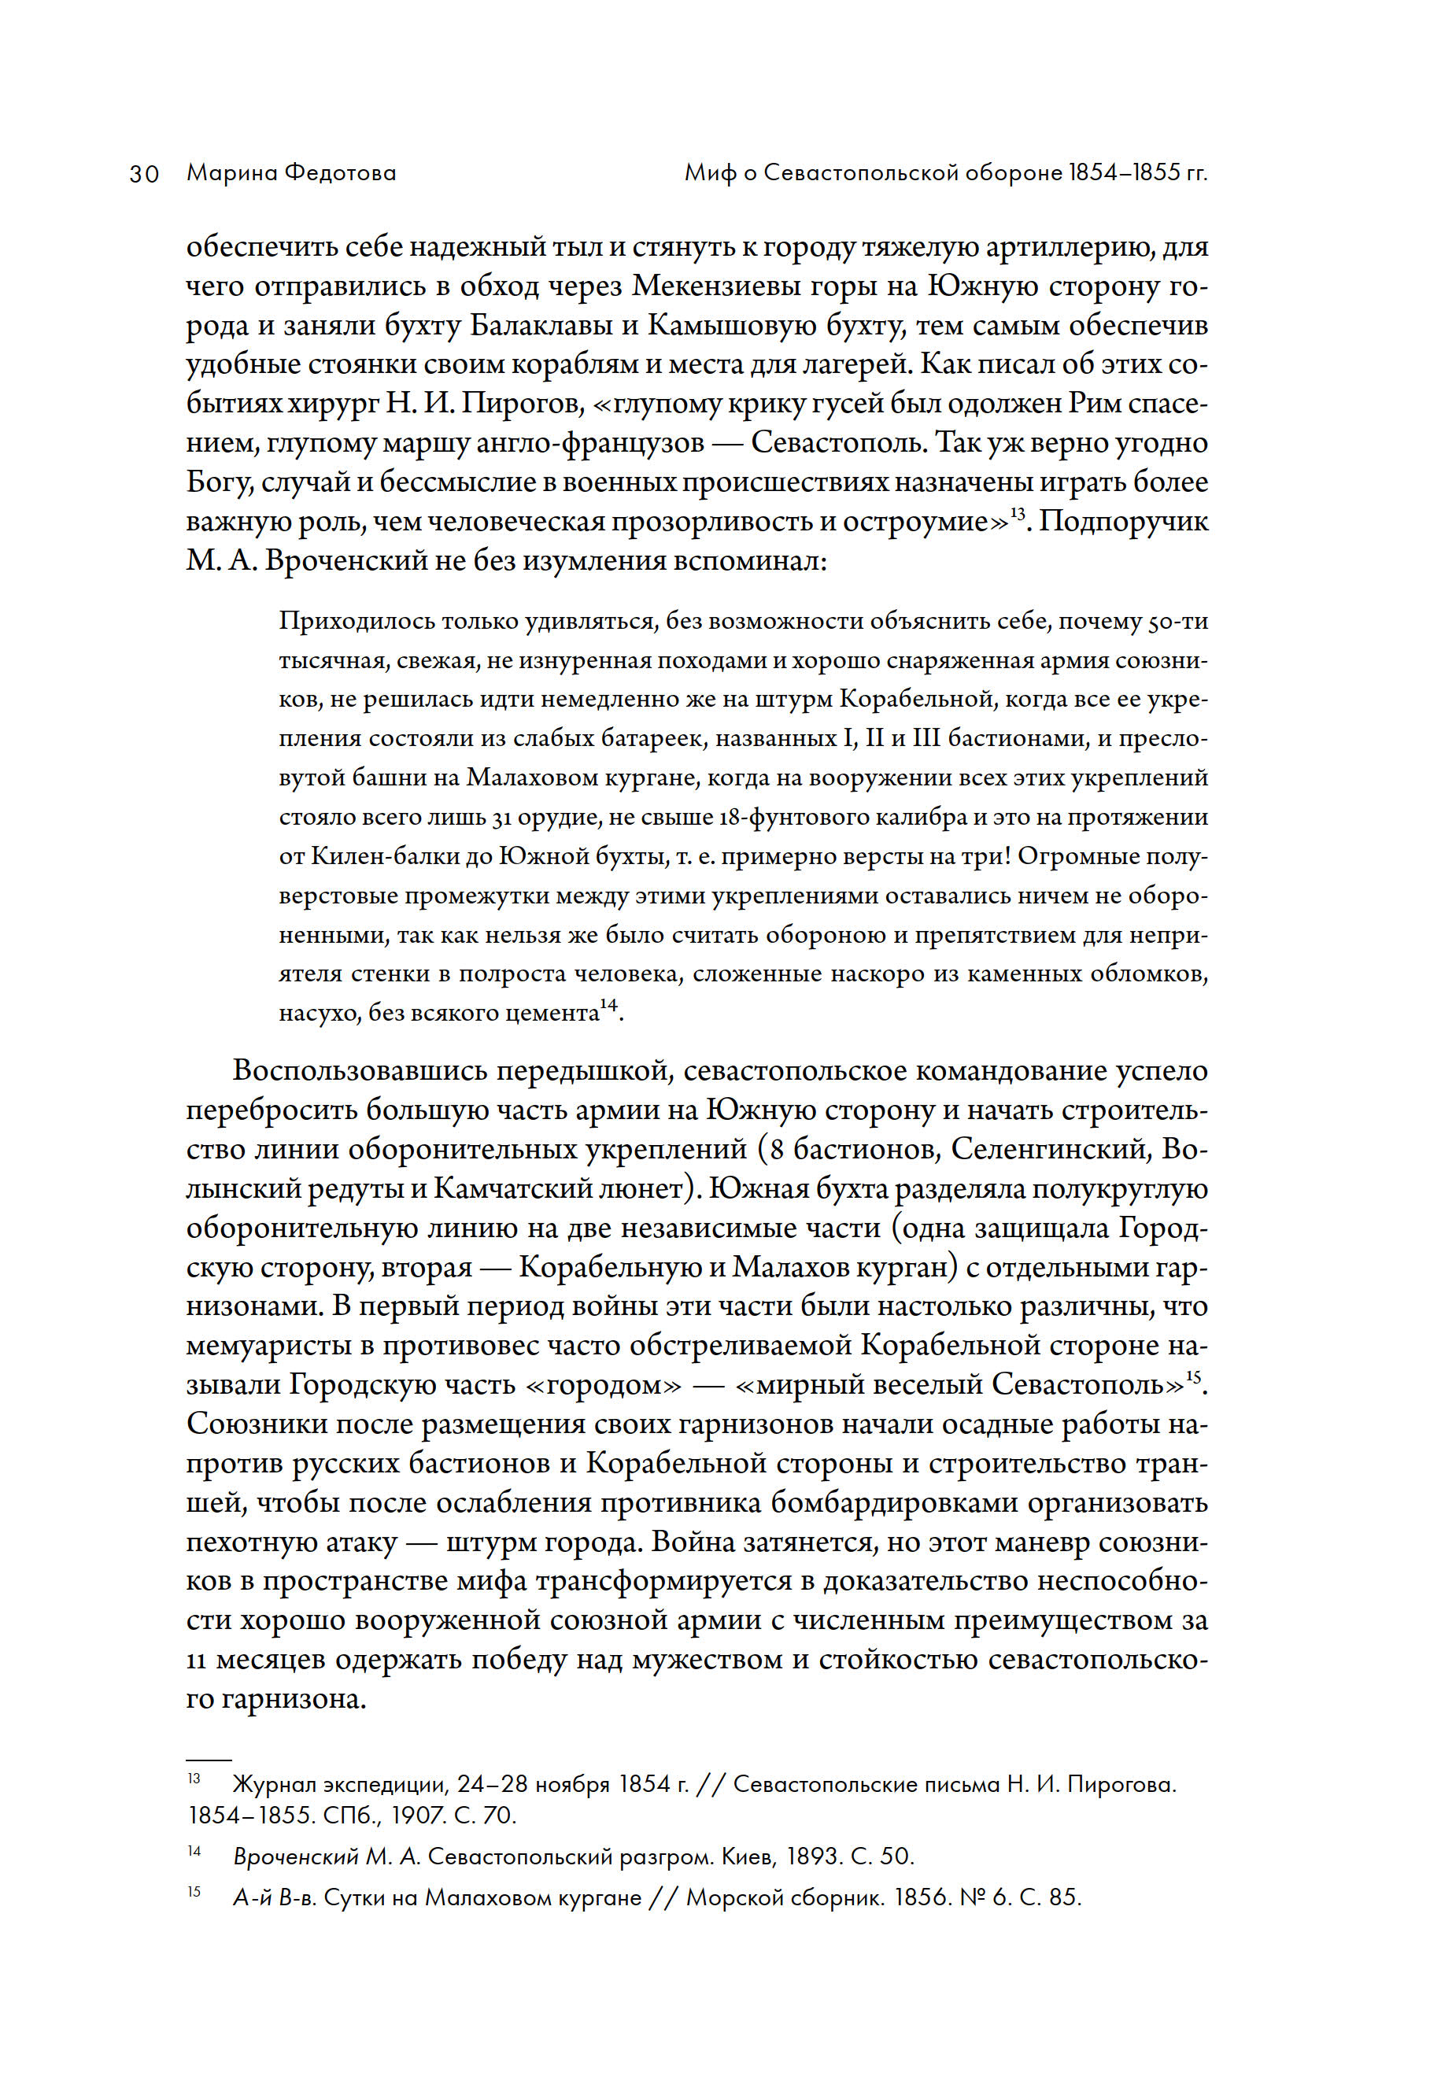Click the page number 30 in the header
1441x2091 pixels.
coord(145,173)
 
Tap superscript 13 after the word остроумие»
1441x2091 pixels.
coord(1018,513)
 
